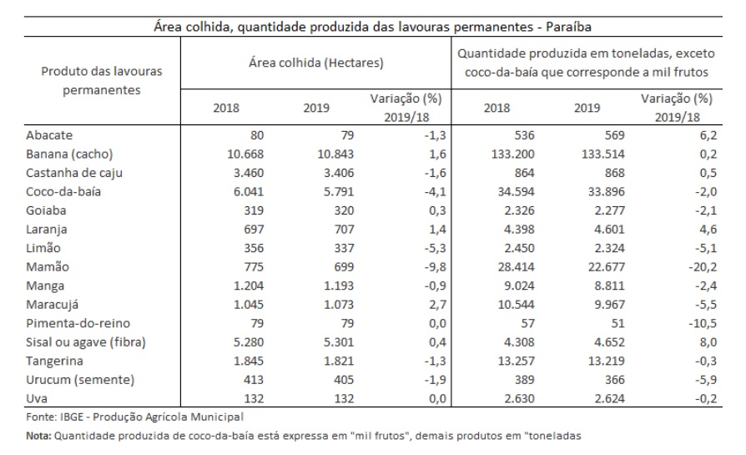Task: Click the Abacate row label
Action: click(x=49, y=135)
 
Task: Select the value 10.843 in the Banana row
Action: click(x=339, y=154)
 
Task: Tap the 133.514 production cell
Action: click(x=602, y=154)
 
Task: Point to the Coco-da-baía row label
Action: click(x=63, y=192)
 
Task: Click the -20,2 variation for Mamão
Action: click(x=703, y=267)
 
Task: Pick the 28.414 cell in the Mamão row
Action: click(x=517, y=267)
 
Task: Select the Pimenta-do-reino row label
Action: click(x=78, y=324)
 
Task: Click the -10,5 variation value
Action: click(x=703, y=324)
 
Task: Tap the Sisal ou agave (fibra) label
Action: click(x=86, y=342)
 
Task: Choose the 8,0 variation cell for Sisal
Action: click(x=708, y=342)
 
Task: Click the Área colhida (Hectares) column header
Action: click(x=316, y=63)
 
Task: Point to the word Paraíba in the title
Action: click(x=568, y=27)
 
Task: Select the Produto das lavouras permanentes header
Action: click(x=102, y=80)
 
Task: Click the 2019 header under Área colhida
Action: click(x=316, y=108)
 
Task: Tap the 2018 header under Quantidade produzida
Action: click(x=496, y=108)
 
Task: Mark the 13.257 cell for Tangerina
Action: click(x=517, y=361)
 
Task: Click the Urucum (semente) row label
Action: click(x=80, y=380)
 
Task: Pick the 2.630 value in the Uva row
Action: click(x=520, y=398)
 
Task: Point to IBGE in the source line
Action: click(x=72, y=417)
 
